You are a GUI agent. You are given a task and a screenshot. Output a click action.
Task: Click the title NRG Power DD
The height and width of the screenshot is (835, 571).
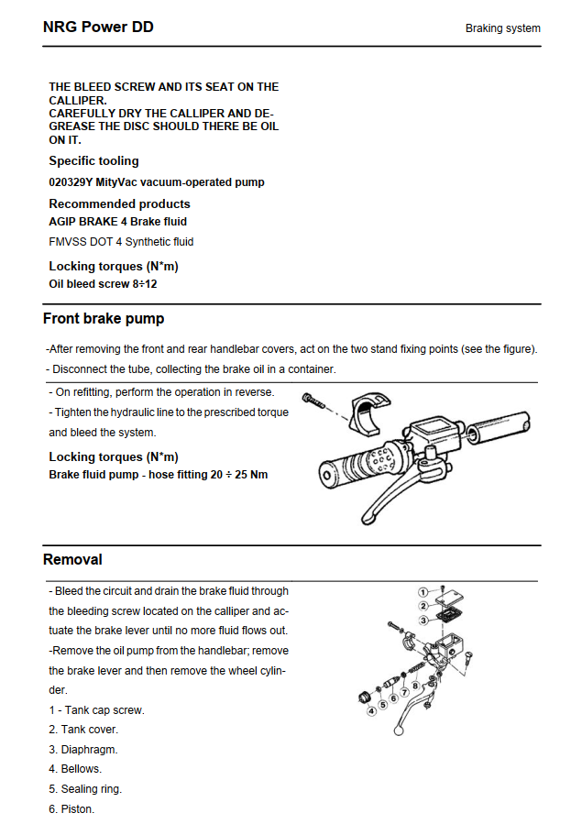point(98,27)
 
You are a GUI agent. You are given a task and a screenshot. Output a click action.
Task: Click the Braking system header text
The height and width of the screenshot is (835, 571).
point(502,28)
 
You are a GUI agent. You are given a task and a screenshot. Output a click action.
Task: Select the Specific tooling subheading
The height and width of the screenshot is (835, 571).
point(93,161)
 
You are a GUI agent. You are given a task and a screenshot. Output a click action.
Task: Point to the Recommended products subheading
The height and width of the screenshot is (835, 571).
point(119,203)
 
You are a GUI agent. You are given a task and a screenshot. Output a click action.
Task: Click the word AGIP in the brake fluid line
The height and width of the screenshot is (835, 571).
point(63,222)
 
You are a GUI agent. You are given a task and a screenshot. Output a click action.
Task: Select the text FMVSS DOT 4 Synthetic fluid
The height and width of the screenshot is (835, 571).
point(121,242)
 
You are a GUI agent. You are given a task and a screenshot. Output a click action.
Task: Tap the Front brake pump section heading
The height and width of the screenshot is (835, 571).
point(104,319)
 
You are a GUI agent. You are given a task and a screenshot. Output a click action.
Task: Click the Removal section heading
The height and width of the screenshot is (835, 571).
point(72,559)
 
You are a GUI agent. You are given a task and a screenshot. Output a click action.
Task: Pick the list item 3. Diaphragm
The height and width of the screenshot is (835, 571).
point(83,750)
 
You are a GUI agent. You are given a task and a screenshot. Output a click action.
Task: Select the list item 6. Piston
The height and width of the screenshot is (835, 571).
point(71,809)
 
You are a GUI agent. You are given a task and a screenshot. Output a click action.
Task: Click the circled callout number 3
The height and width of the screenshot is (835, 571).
point(423,621)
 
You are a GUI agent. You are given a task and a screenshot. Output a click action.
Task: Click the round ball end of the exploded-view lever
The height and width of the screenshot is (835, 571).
point(399,731)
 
